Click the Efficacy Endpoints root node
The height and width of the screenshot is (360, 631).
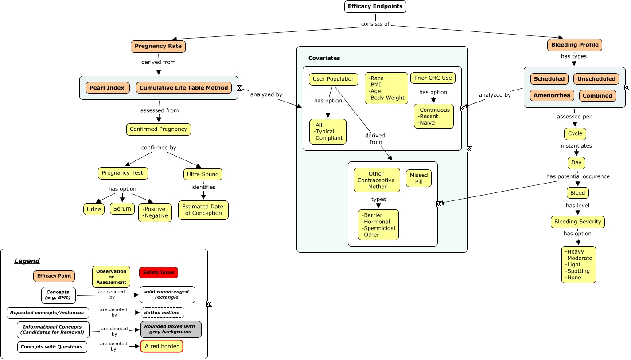click(x=375, y=7)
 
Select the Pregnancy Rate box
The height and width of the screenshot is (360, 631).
click(x=158, y=46)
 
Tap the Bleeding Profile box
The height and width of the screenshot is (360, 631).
click(x=575, y=45)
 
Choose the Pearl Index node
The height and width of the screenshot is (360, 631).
click(x=107, y=88)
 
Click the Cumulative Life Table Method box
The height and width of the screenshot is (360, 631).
click(x=184, y=88)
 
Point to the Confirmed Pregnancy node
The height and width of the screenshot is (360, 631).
click(x=159, y=129)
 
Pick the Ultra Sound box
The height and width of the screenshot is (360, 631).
click(x=203, y=174)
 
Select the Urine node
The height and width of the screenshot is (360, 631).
click(x=94, y=209)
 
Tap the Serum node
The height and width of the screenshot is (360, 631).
click(x=122, y=208)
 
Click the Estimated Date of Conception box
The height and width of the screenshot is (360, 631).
click(x=203, y=210)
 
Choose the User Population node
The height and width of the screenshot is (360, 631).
click(x=334, y=79)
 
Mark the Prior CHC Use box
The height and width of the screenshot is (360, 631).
click(x=433, y=78)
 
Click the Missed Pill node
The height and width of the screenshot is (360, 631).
click(x=419, y=178)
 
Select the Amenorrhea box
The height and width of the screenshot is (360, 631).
click(x=552, y=95)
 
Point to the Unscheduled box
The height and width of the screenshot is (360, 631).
click(x=596, y=79)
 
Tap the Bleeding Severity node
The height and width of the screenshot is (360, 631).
click(x=578, y=222)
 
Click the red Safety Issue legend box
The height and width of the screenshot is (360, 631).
click(x=159, y=272)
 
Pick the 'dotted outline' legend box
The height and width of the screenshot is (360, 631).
click(x=162, y=313)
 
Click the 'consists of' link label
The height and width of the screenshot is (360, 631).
click(x=375, y=24)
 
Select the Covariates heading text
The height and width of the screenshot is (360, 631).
click(x=324, y=58)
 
